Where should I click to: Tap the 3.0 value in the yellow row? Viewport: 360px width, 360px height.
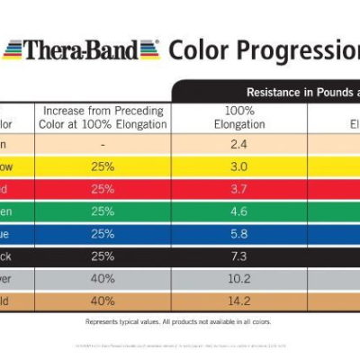point(238,166)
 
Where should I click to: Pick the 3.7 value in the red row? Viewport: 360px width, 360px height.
point(238,189)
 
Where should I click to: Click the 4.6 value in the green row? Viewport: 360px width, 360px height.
point(238,212)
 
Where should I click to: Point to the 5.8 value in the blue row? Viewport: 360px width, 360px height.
point(238,236)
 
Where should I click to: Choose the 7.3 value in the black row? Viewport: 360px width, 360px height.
point(238,258)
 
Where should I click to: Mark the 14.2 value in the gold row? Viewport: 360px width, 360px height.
point(238,301)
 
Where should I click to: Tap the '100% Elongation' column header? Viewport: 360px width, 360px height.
point(238,117)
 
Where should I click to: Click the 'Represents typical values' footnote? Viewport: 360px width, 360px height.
point(178,321)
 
